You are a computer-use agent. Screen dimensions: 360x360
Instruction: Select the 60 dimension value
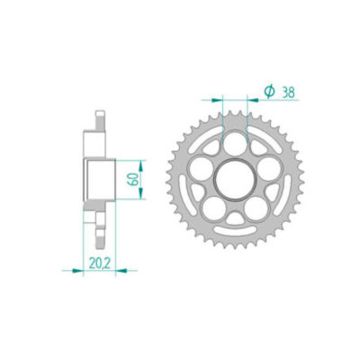point(134,176)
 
